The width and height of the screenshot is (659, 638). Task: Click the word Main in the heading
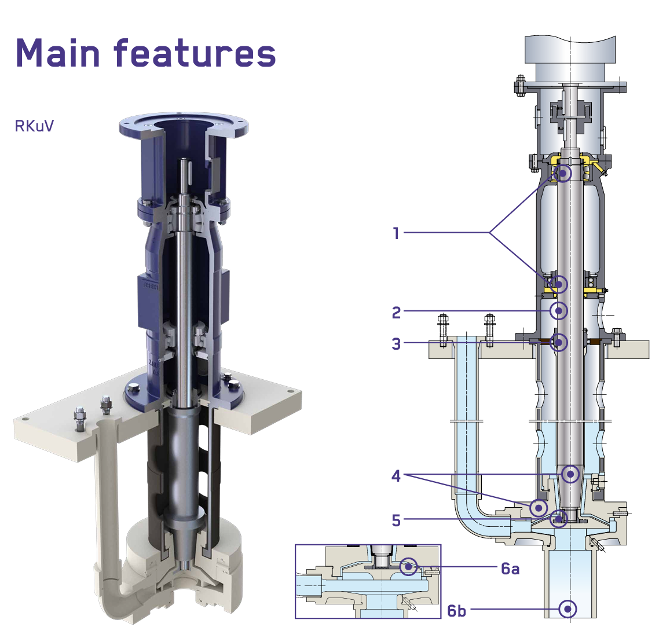point(57,53)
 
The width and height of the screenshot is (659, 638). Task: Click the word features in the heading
point(195,53)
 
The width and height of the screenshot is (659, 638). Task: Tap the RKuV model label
point(34,126)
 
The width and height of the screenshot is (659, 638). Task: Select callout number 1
point(396,233)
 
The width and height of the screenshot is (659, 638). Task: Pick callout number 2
point(396,313)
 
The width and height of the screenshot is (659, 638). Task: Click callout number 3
point(396,344)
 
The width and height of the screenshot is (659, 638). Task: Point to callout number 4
point(396,476)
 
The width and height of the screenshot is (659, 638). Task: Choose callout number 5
point(396,520)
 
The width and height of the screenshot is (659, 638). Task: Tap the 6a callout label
point(510,569)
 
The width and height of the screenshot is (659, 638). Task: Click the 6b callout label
point(456,611)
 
